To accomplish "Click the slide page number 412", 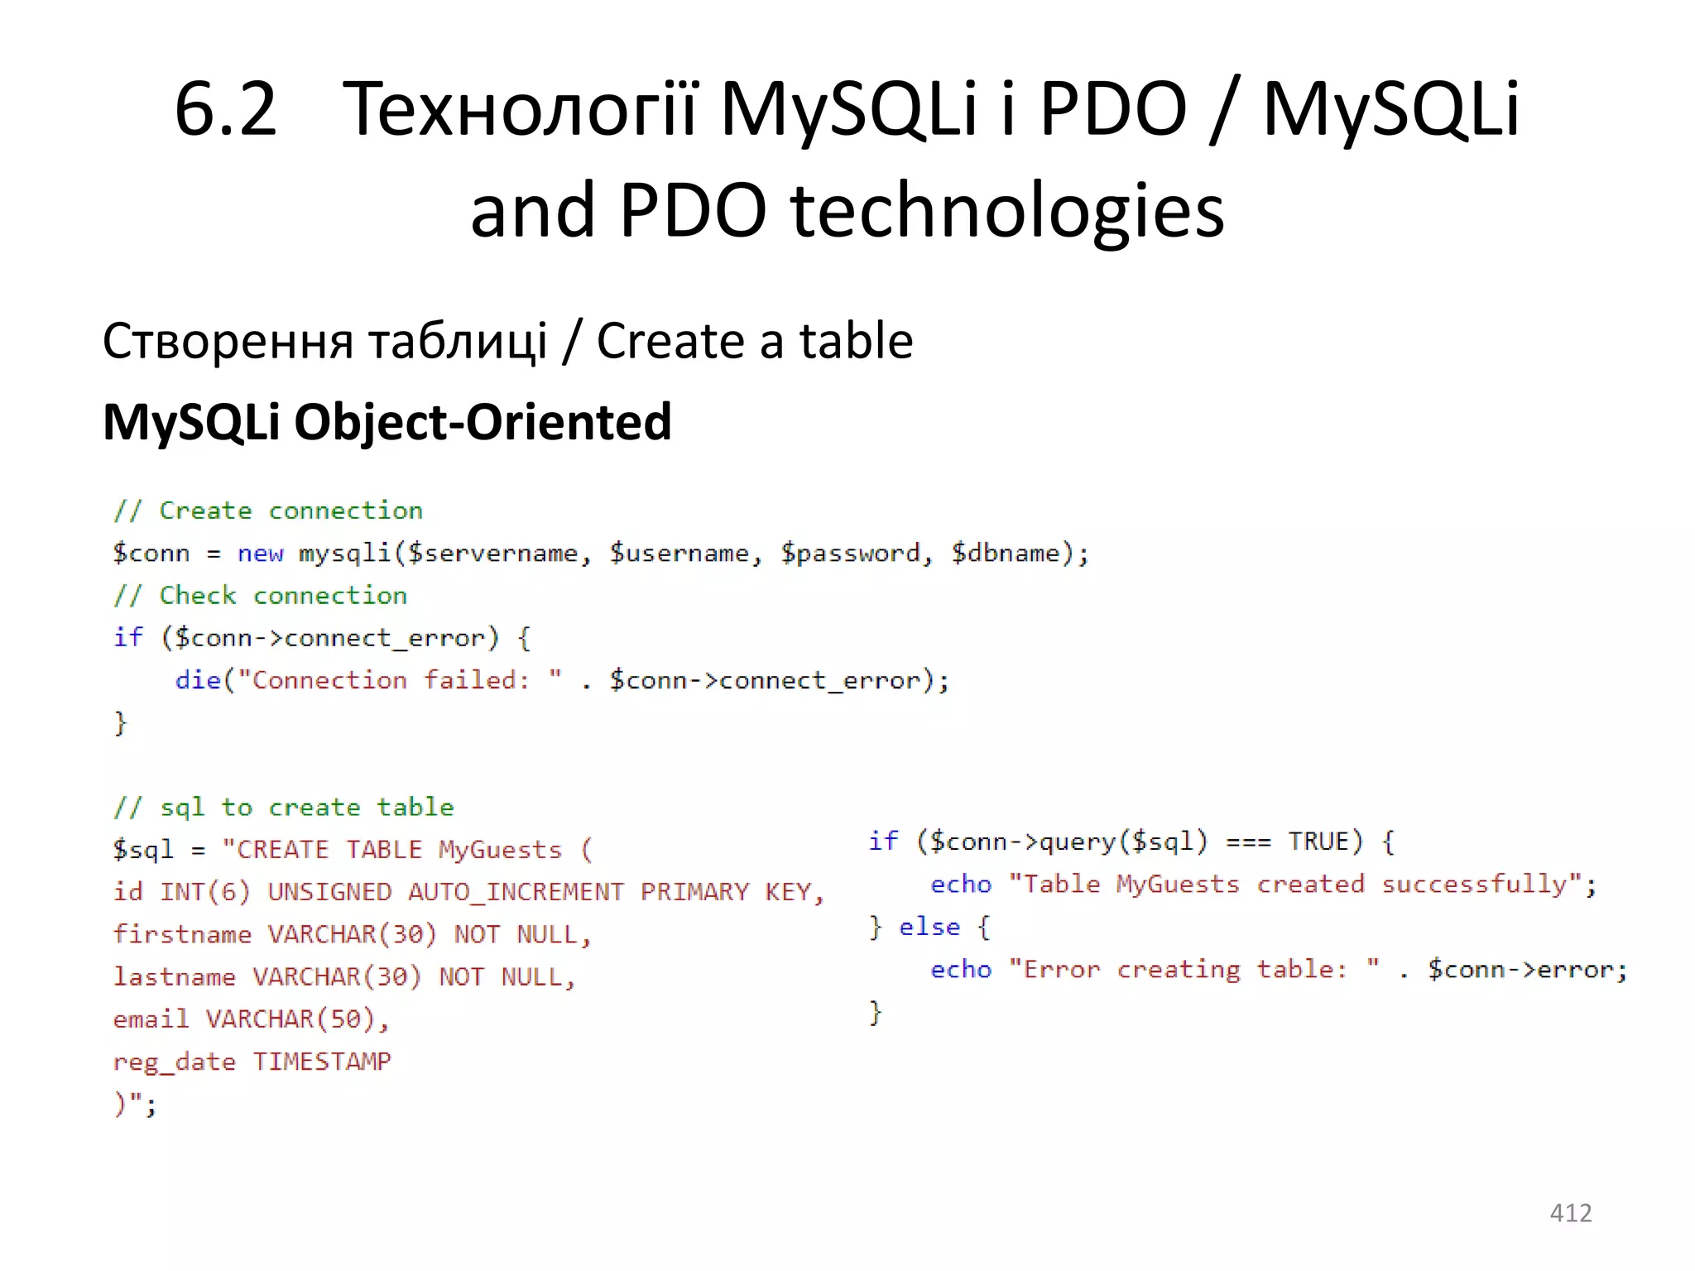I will [x=1570, y=1212].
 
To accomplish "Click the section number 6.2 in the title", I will [x=225, y=109].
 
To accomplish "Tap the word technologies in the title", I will [x=1007, y=210].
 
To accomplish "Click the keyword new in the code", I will [x=260, y=553].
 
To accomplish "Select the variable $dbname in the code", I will [x=1005, y=553].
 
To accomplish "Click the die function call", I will [x=198, y=680].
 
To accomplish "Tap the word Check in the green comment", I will [x=197, y=596].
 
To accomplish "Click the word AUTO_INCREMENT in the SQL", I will [x=516, y=892].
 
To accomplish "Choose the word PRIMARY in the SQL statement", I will [x=694, y=892].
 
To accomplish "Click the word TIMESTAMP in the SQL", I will [x=321, y=1062].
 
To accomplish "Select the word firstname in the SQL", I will [x=182, y=934].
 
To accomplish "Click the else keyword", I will [x=929, y=927].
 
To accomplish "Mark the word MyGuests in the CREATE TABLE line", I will [x=500, y=850].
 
